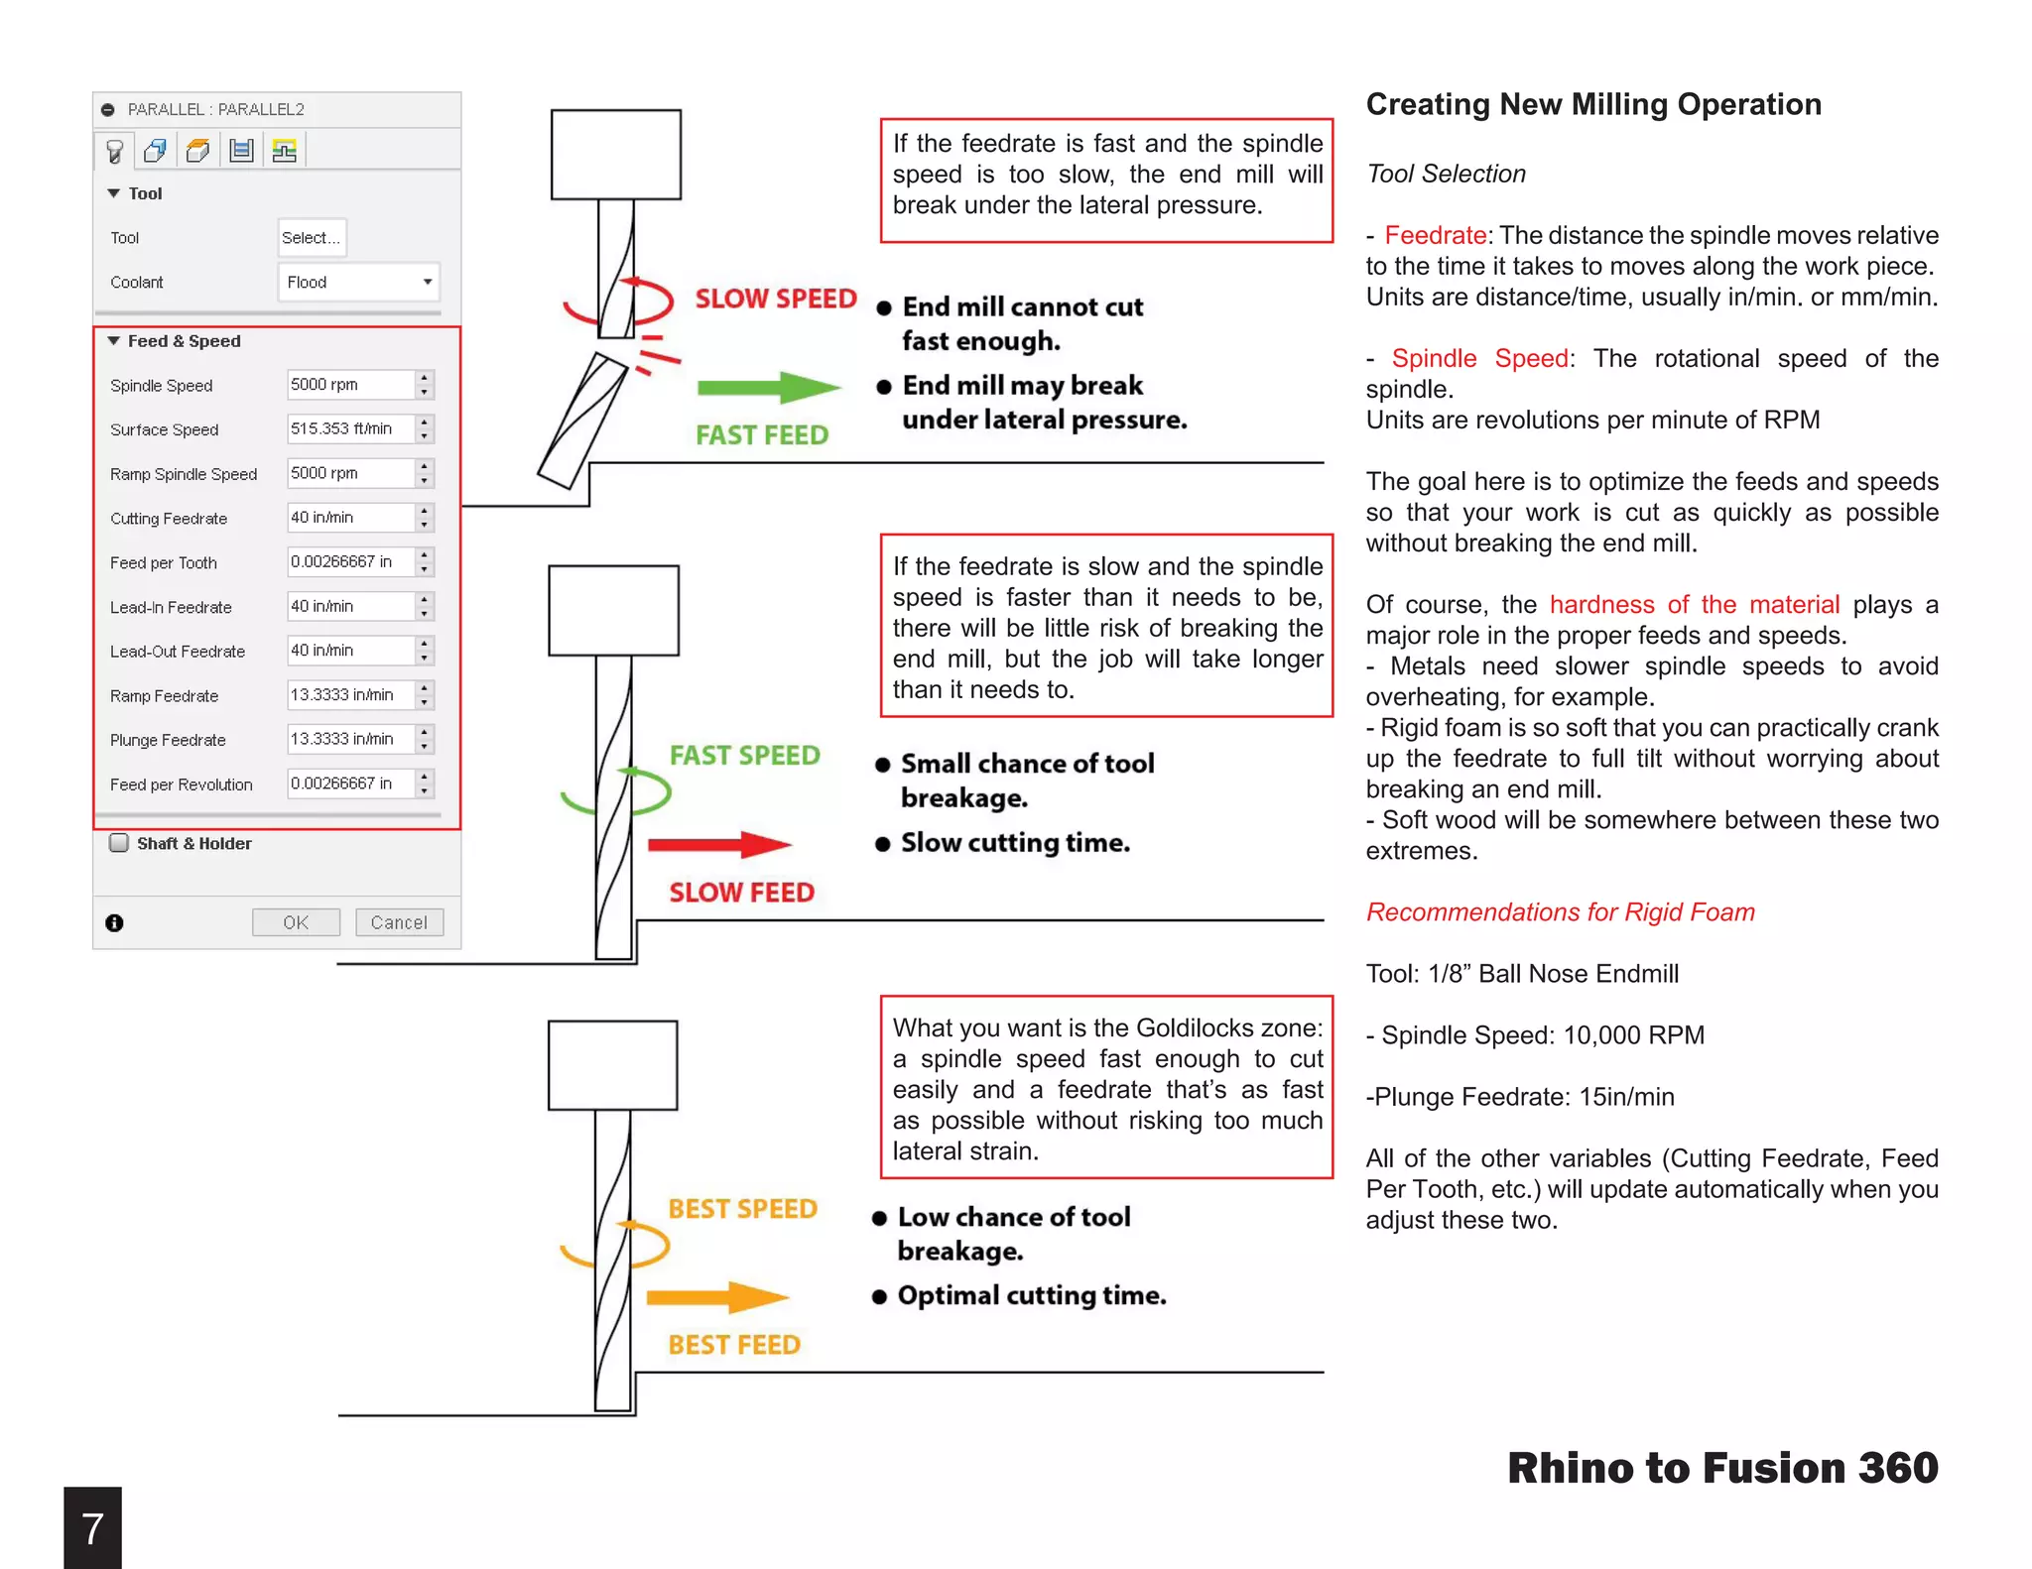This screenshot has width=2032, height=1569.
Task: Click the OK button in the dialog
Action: (x=296, y=922)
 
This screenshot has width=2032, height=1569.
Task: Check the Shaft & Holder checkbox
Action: (x=119, y=843)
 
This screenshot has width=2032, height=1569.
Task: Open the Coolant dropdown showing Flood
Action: (x=358, y=283)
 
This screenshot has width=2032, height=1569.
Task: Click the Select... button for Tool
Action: (x=312, y=238)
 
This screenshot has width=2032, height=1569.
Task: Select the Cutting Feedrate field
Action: (x=350, y=518)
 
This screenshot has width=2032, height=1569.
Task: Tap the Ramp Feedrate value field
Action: (x=350, y=695)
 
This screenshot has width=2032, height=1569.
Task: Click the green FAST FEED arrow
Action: (x=768, y=388)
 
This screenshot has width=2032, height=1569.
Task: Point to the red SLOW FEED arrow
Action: (x=718, y=845)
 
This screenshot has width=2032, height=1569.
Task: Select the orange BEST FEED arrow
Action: (x=716, y=1297)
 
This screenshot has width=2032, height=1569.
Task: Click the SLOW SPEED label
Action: (x=776, y=299)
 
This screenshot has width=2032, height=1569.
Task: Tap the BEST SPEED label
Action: (x=742, y=1209)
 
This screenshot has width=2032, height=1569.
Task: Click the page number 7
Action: (x=92, y=1528)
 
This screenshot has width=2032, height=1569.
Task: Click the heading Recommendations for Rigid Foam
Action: (x=1560, y=912)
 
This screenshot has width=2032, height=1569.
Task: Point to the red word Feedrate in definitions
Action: (x=1435, y=236)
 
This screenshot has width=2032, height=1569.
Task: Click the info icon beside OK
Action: (x=115, y=923)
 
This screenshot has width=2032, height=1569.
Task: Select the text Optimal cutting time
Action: (x=1032, y=1296)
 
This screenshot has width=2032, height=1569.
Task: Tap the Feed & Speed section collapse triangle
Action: (x=114, y=341)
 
